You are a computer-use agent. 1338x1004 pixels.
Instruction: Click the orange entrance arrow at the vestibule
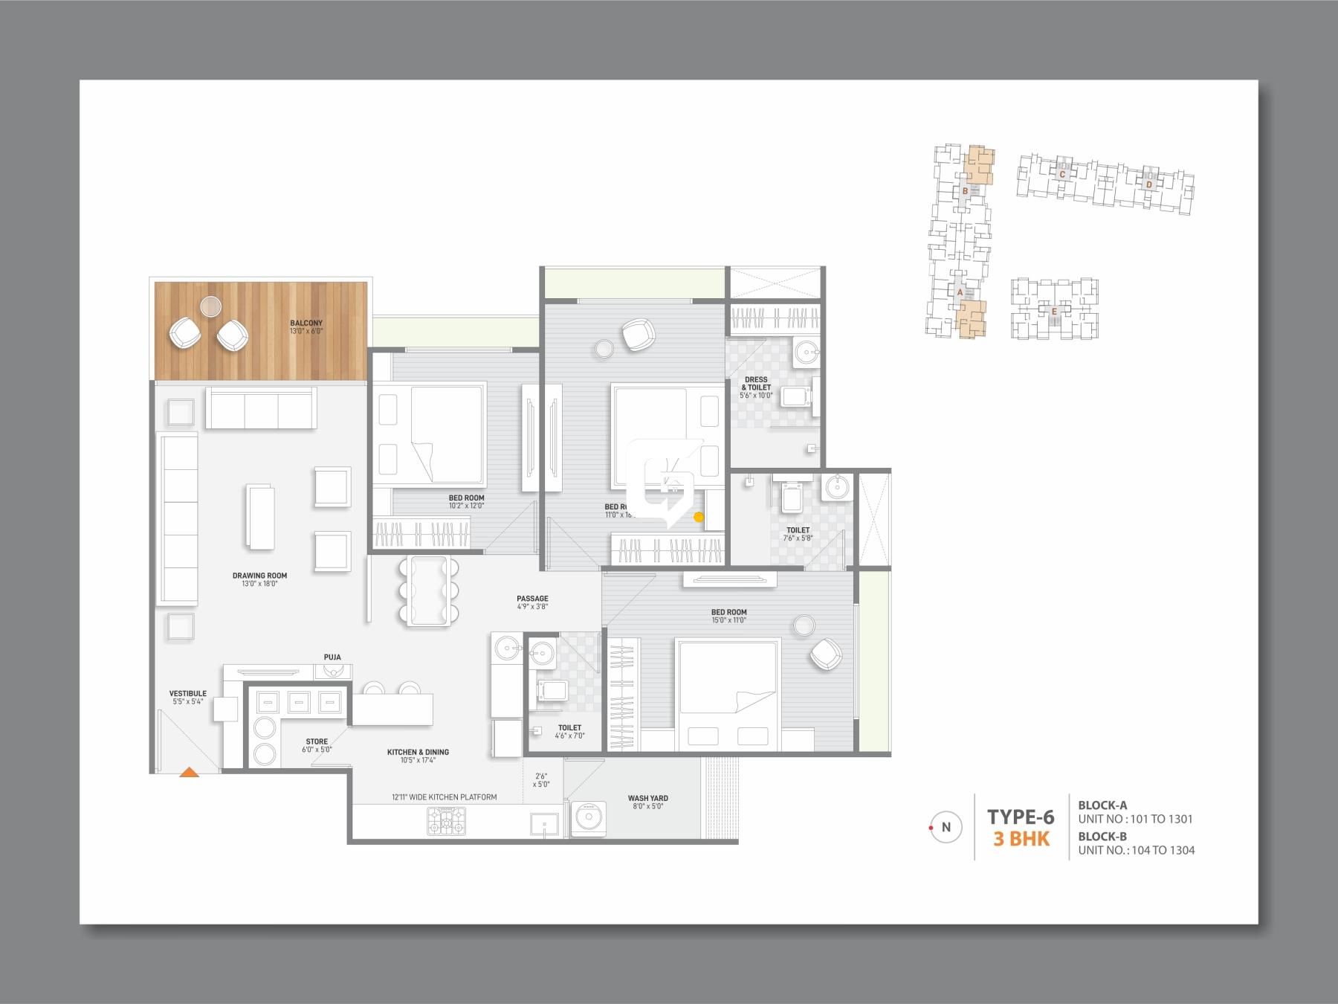click(190, 772)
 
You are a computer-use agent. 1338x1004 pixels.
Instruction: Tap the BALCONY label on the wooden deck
click(306, 324)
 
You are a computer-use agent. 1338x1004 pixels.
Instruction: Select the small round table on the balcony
click(211, 306)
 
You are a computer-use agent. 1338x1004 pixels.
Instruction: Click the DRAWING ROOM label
click(259, 576)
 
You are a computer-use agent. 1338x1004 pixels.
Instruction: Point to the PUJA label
click(332, 657)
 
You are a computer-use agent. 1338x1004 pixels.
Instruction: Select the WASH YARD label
click(647, 798)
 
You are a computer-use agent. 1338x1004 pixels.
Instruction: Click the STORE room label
click(317, 741)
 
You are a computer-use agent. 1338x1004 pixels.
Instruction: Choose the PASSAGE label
click(532, 599)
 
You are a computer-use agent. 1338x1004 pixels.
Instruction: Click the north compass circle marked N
click(946, 827)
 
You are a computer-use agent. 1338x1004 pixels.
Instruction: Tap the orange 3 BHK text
click(1021, 839)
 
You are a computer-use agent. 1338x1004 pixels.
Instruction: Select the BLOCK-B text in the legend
click(1102, 836)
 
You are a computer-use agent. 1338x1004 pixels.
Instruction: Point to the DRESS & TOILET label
click(756, 384)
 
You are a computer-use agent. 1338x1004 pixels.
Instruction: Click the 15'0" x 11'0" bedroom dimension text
click(728, 620)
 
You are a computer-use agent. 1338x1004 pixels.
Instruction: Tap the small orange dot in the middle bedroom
click(698, 517)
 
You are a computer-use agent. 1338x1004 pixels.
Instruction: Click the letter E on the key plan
click(1053, 312)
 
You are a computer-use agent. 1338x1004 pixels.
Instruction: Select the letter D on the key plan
click(1148, 184)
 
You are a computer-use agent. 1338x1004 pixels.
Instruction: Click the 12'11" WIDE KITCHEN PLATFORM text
click(445, 797)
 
